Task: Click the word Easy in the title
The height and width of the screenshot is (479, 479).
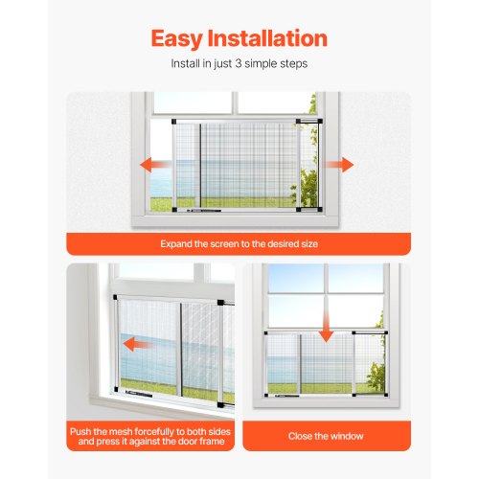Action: (177, 39)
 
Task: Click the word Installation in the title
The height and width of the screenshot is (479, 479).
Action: (267, 38)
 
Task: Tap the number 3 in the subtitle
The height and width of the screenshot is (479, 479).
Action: (239, 63)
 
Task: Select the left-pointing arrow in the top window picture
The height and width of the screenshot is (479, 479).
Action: (155, 165)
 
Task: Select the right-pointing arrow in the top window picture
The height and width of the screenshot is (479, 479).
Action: (338, 165)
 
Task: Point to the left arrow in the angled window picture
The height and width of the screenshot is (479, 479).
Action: (138, 345)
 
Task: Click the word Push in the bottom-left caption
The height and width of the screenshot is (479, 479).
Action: (80, 432)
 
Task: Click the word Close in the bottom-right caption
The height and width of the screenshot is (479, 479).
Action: (298, 436)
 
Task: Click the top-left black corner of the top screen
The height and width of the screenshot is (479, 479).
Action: (174, 122)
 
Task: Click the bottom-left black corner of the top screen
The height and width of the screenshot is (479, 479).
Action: (174, 210)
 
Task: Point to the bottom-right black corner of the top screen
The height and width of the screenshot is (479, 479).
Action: (320, 210)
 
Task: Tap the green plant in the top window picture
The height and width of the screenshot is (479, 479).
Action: (305, 188)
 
